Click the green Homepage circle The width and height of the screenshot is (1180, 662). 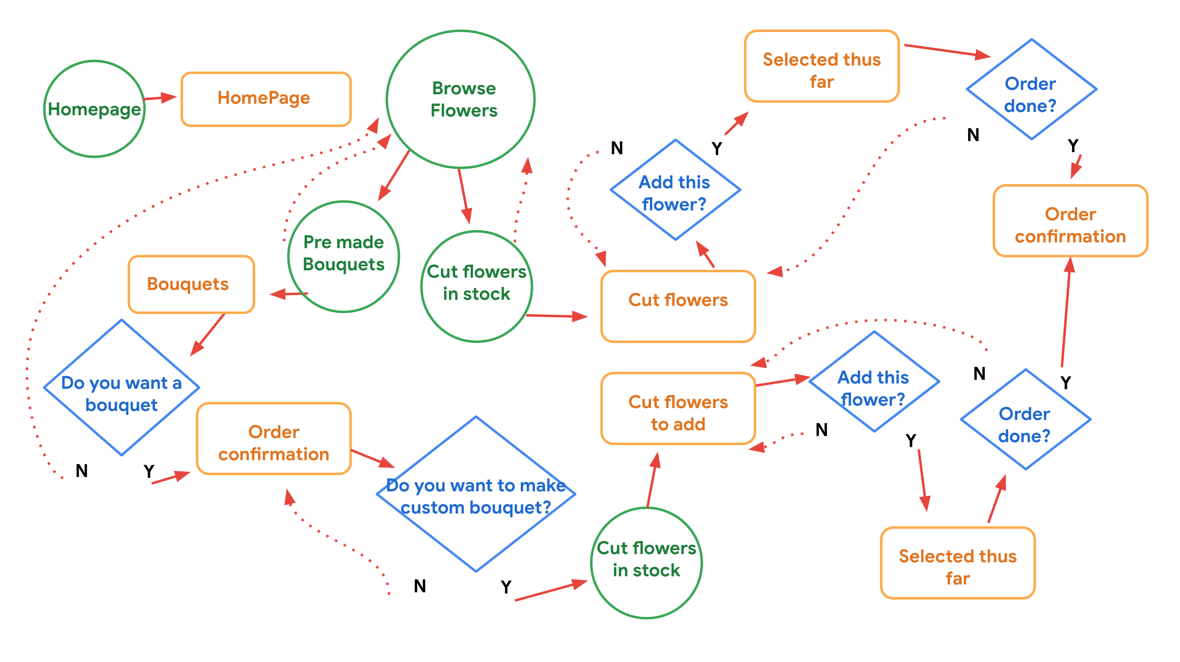pyautogui.click(x=94, y=109)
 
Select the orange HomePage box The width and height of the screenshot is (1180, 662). pyautogui.click(x=265, y=98)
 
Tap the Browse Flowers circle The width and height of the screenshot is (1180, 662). pyautogui.click(x=461, y=99)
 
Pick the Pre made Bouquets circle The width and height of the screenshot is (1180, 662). pyautogui.click(x=344, y=257)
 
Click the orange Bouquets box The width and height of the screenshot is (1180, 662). pyautogui.click(x=191, y=284)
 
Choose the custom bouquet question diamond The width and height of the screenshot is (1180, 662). pyautogui.click(x=476, y=494)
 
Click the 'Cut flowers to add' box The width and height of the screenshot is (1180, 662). pyautogui.click(x=678, y=409)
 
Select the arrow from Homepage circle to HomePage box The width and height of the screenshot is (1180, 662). pyautogui.click(x=160, y=98)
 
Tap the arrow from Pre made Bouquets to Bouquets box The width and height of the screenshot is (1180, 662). pyautogui.click(x=288, y=294)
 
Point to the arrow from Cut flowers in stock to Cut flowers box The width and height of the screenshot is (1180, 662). pyautogui.click(x=556, y=316)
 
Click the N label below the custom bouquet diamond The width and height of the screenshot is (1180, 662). pyautogui.click(x=420, y=586)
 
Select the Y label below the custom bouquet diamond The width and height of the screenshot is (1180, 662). pyautogui.click(x=506, y=587)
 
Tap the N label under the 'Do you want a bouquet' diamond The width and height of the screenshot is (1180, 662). pyautogui.click(x=82, y=471)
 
